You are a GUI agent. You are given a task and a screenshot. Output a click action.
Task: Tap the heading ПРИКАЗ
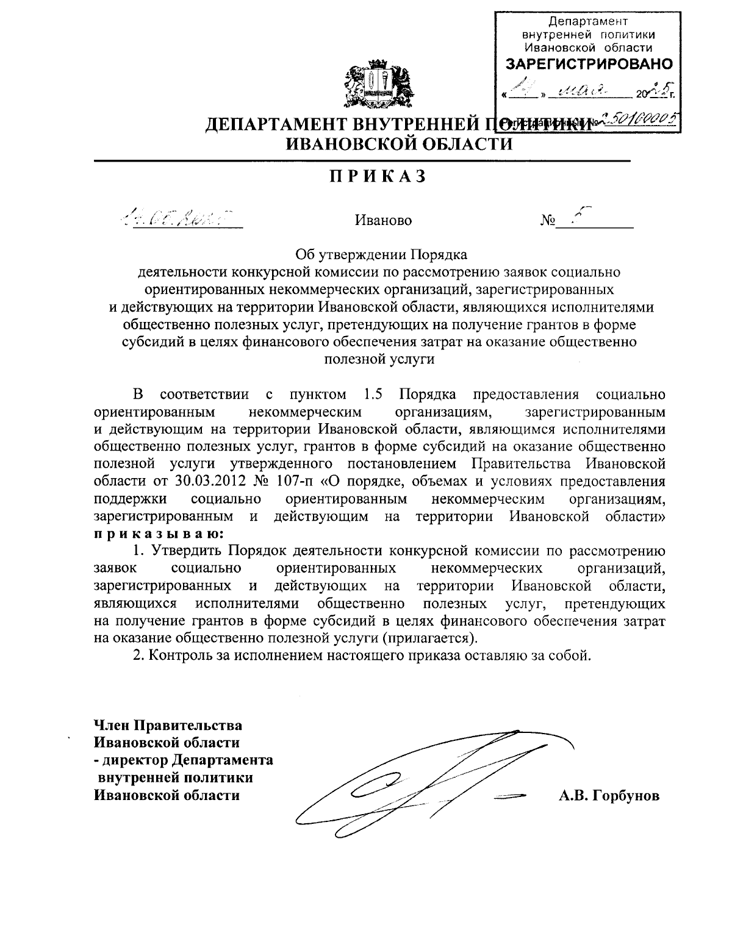tap(377, 177)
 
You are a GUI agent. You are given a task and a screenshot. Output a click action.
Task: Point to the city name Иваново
tap(383, 220)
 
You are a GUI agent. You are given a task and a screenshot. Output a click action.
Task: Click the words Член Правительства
tap(168, 726)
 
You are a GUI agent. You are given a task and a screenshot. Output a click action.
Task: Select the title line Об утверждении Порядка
tap(381, 252)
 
